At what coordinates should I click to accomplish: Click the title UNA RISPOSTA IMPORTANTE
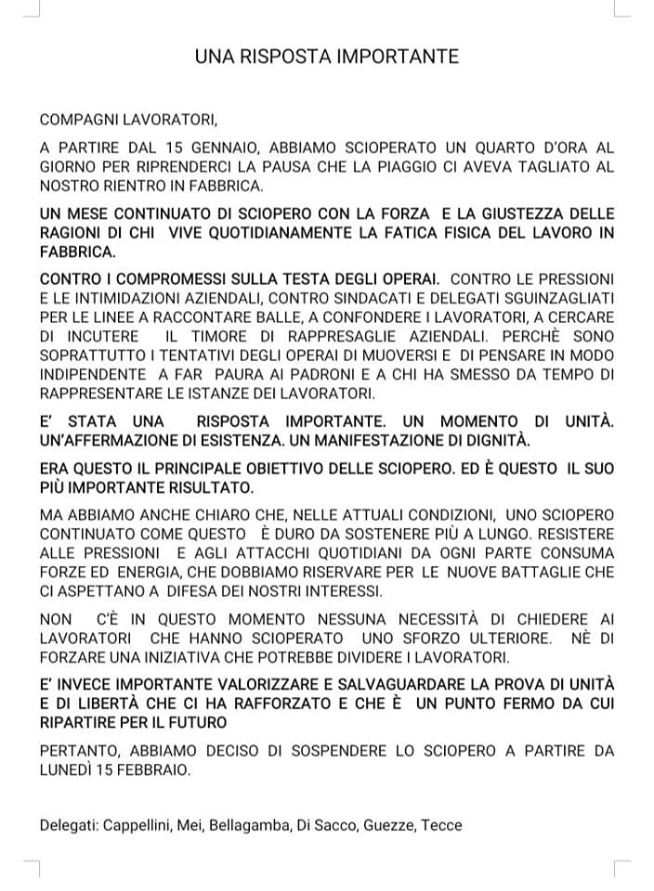click(x=327, y=57)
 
